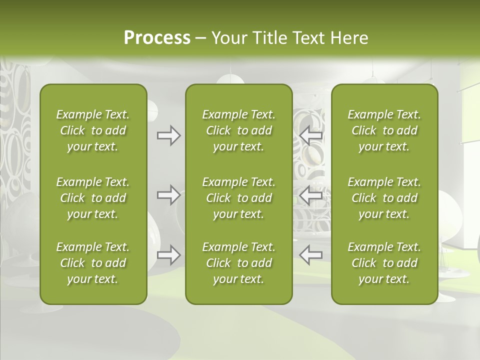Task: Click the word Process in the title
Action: coord(157,38)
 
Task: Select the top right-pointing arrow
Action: coord(168,135)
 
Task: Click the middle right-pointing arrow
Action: coord(168,195)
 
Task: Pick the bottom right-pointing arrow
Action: coord(168,255)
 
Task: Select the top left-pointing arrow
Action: coord(311,135)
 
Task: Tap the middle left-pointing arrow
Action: coord(311,195)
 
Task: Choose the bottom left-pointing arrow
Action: coord(311,255)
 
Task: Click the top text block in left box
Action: coord(93,130)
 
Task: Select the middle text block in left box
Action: coord(93,198)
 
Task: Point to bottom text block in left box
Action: coord(93,263)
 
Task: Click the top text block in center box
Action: coord(238,130)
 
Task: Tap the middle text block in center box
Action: coord(238,198)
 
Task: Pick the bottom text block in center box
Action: coord(238,263)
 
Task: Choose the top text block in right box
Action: coord(384,130)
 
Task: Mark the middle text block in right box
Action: coord(384,198)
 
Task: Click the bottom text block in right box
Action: coord(384,263)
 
